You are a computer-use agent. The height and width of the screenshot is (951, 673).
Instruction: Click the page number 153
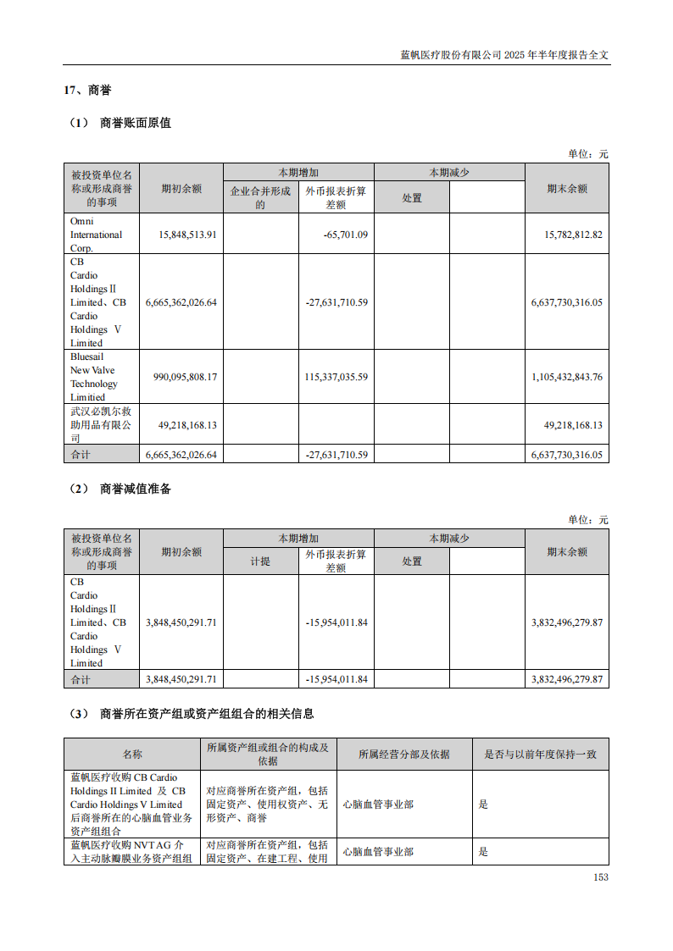[x=600, y=877]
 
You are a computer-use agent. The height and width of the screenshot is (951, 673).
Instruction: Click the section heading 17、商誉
[x=87, y=90]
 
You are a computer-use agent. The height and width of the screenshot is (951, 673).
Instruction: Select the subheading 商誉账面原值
[x=135, y=123]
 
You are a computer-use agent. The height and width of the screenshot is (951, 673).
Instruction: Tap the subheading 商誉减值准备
[x=135, y=489]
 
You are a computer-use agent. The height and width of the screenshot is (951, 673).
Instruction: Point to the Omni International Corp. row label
[x=96, y=235]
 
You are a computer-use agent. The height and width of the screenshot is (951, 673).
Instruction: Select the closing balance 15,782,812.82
[x=566, y=235]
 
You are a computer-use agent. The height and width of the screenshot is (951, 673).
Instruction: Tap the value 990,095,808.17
[x=182, y=377]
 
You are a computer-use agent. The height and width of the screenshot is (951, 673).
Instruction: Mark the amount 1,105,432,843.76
[x=566, y=377]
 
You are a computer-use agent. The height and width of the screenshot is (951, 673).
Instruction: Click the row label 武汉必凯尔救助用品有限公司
[x=101, y=425]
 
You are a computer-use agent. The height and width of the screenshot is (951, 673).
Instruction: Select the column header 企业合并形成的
[x=260, y=197]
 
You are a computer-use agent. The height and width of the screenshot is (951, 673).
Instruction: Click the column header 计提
[x=260, y=561]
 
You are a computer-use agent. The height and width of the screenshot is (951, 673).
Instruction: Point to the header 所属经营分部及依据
[x=403, y=755]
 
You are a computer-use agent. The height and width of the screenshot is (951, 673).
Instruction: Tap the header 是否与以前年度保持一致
[x=540, y=755]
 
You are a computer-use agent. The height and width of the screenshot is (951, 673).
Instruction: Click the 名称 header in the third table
[x=132, y=755]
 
